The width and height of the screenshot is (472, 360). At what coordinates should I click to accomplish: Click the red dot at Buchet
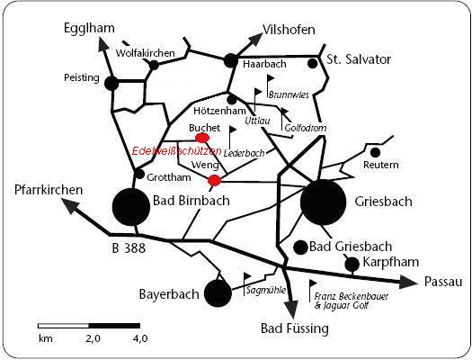coord(202,138)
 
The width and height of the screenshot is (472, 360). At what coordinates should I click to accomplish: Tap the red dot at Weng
coord(214,180)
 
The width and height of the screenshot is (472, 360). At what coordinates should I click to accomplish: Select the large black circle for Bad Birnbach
coord(131,207)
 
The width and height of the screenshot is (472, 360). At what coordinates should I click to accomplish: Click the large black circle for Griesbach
coord(324,202)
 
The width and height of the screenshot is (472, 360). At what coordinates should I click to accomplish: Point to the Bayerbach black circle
coord(218,293)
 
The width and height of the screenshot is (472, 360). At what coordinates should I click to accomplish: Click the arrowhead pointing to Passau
coord(408,282)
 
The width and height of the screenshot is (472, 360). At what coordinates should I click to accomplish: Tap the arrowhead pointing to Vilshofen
coord(255,40)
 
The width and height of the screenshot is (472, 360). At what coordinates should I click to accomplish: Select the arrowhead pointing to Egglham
coord(103,45)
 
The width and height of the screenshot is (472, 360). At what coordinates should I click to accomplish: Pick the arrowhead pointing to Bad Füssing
coord(291,309)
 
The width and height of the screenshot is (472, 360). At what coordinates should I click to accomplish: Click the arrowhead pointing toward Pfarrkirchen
coord(71,206)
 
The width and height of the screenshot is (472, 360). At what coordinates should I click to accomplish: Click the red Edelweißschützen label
coord(177,151)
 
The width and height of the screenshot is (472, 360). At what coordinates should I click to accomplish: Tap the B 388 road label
coord(129,248)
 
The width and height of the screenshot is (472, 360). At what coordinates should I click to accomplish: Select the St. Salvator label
coord(359,59)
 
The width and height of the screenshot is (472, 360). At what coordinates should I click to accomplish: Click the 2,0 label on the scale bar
coord(93,338)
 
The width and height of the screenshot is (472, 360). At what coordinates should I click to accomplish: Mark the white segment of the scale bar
coord(64,326)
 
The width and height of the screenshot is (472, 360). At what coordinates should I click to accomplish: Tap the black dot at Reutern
coord(375,153)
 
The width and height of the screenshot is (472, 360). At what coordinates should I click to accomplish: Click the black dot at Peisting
coord(111,83)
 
